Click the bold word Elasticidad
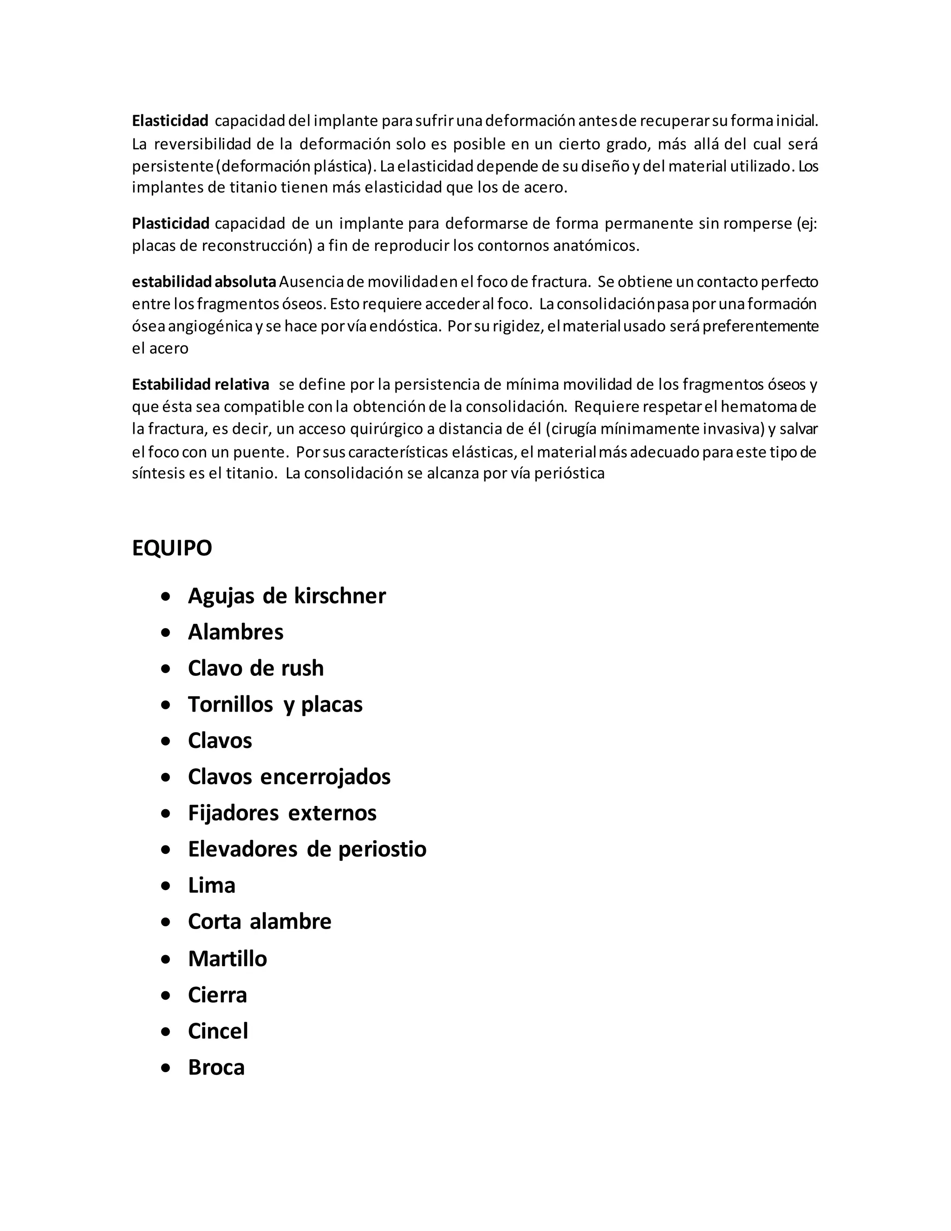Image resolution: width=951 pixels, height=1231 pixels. click(x=170, y=121)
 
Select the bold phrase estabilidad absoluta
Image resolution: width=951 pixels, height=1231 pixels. click(x=204, y=281)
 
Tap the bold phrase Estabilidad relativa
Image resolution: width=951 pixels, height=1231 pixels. click(x=201, y=385)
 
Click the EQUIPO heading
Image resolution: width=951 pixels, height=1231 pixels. click(x=172, y=548)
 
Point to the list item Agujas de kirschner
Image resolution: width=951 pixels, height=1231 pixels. click(x=287, y=596)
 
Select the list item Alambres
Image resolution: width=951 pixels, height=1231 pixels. click(x=235, y=632)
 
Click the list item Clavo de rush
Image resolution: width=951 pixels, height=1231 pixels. click(x=256, y=668)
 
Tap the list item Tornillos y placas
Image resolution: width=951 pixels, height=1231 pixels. click(x=275, y=704)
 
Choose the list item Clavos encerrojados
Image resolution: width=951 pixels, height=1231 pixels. click(x=289, y=777)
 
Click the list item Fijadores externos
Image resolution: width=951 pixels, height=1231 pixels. click(x=282, y=813)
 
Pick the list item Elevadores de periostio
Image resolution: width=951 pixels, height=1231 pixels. click(x=307, y=849)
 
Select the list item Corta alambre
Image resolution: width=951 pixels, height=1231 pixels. click(x=260, y=922)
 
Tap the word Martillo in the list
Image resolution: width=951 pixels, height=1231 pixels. click(x=228, y=958)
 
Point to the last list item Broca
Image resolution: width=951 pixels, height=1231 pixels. click(x=216, y=1067)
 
